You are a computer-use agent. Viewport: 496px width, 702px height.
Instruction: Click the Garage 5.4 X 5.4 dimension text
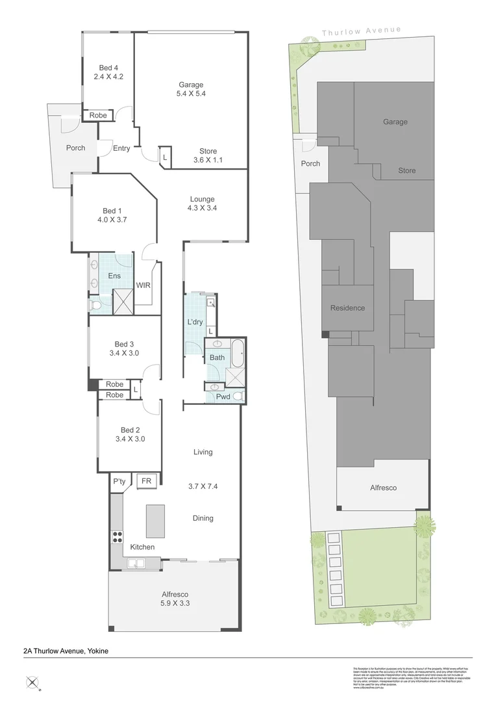192,94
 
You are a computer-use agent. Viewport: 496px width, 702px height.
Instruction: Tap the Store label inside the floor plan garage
208,151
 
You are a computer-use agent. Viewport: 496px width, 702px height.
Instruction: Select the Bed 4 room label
108,68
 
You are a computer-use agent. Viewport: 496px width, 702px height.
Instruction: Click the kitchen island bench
155,521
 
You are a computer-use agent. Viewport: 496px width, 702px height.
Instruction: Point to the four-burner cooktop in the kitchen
118,537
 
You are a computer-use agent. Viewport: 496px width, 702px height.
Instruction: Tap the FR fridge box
146,481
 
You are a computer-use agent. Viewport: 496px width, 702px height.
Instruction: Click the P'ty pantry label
119,482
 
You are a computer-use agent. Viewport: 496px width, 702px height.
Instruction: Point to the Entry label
121,148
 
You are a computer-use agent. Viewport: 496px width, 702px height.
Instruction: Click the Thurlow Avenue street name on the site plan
362,31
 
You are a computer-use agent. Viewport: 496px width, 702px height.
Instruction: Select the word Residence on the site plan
347,308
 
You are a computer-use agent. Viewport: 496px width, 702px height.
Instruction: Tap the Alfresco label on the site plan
383,487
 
